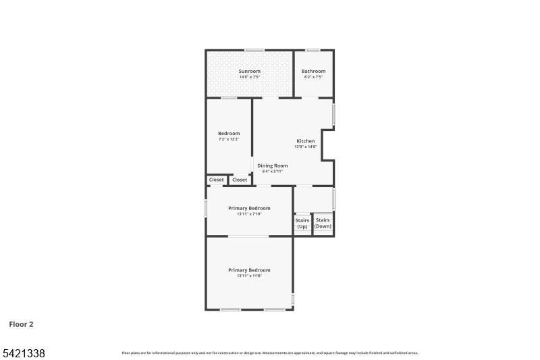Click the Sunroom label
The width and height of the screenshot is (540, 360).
click(249, 71)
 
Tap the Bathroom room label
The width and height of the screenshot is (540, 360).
click(313, 71)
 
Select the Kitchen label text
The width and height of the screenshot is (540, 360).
click(305, 141)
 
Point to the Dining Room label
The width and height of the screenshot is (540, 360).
click(272, 165)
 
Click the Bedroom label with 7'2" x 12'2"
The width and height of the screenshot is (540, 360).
click(228, 133)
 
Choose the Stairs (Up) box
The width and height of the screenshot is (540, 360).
click(302, 224)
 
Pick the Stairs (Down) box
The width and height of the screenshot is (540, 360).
click(323, 223)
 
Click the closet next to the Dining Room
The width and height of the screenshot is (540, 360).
click(240, 180)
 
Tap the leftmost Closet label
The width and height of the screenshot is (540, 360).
click(216, 180)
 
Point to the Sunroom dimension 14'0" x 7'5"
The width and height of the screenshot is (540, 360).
click(249, 77)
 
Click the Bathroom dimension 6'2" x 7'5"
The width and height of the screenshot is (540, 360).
click(313, 77)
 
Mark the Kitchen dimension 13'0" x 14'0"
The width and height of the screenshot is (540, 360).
click(305, 147)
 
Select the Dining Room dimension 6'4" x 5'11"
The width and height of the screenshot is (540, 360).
click(272, 172)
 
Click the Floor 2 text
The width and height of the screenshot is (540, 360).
click(21, 324)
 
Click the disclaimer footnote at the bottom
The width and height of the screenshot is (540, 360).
click(269, 353)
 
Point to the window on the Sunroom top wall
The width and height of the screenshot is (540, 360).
click(254, 50)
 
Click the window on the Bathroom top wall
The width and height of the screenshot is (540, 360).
click(313, 50)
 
